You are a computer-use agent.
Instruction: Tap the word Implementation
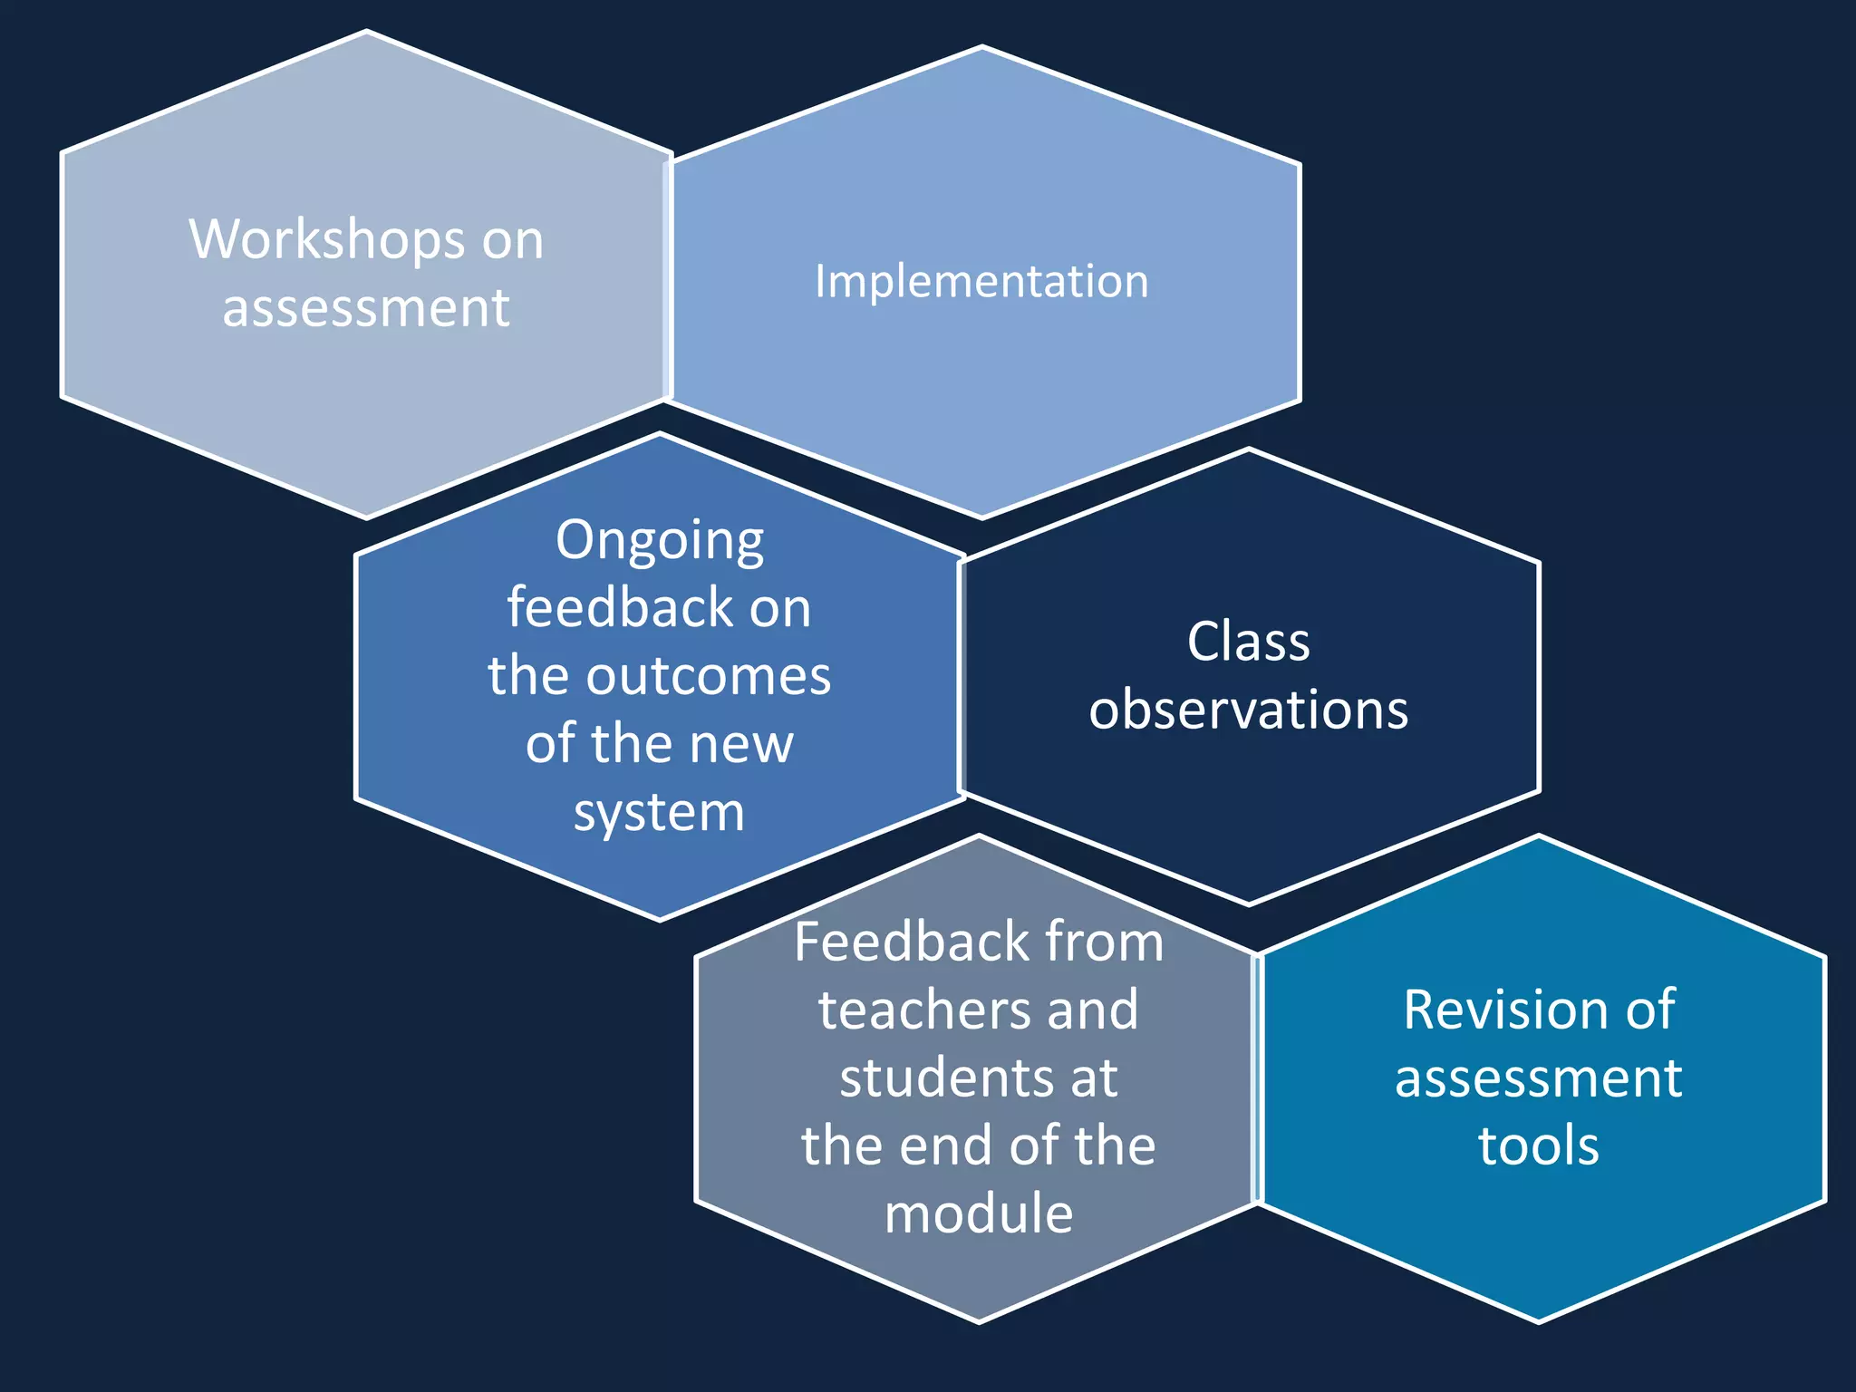click(981, 281)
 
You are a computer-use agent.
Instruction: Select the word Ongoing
click(660, 541)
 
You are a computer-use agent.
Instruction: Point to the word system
click(659, 812)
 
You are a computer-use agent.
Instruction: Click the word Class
click(1248, 643)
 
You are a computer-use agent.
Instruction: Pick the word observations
click(1248, 710)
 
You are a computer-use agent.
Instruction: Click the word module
click(979, 1213)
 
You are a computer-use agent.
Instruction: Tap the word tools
click(1538, 1145)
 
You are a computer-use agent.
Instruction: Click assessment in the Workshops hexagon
click(366, 308)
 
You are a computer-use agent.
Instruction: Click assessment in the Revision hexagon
click(1538, 1078)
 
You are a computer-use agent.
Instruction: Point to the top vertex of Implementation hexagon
click(982, 46)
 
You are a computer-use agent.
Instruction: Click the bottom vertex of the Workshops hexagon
click(366, 518)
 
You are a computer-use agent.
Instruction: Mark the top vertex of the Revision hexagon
click(1539, 836)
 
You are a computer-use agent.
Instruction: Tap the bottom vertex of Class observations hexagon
click(1249, 904)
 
